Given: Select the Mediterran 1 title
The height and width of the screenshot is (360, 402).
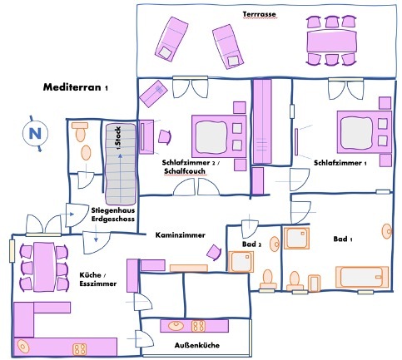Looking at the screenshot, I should click(x=76, y=86).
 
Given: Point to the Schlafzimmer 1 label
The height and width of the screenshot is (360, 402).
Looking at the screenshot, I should click(x=340, y=162).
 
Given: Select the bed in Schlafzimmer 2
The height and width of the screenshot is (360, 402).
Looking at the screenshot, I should click(x=217, y=131).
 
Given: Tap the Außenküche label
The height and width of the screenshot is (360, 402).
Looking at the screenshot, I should click(x=196, y=344).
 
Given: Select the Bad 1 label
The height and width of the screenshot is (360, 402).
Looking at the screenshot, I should click(x=343, y=239).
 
